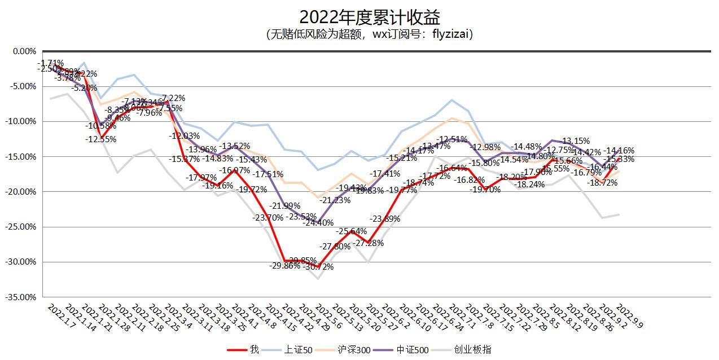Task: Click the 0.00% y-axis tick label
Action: [x=23, y=51]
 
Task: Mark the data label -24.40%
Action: [x=318, y=223]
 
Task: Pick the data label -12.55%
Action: [x=101, y=139]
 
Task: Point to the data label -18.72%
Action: [x=602, y=183]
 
